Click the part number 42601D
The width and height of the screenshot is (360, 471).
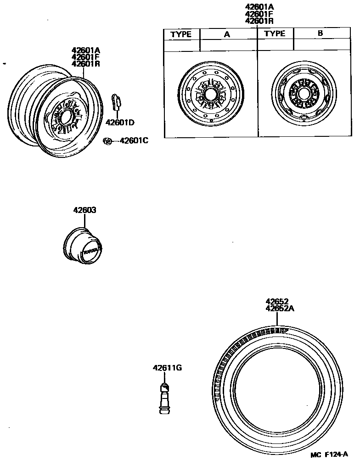point(120,123)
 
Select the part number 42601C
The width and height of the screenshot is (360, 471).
point(134,140)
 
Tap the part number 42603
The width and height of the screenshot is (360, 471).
point(84,210)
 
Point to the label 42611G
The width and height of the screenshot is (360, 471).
point(167,368)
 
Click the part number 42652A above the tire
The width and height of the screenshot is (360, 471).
point(280,308)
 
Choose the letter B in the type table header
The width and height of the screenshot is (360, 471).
point(320,34)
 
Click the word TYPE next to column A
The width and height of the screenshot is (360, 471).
point(182,34)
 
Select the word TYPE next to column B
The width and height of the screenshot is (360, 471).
point(275,34)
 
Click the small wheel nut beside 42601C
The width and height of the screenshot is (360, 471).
point(107,141)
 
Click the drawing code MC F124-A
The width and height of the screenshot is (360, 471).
point(329,455)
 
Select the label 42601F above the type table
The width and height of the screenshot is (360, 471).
point(259,14)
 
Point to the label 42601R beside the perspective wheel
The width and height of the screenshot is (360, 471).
point(85,64)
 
